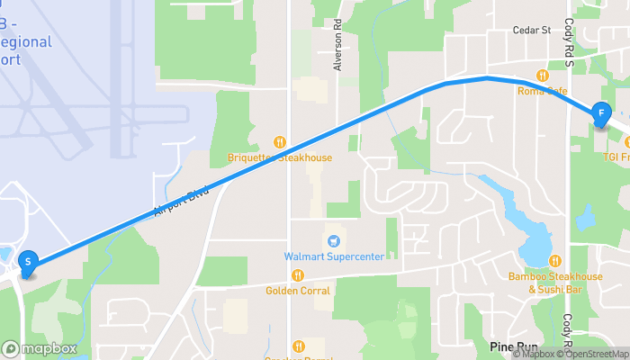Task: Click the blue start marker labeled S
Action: (x=28, y=263)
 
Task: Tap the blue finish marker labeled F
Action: (x=600, y=114)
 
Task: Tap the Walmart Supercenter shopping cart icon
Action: (x=334, y=241)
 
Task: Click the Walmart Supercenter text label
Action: (x=334, y=256)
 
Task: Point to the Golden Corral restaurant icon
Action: (x=298, y=275)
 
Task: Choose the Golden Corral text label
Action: (x=298, y=291)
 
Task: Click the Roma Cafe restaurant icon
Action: (x=543, y=76)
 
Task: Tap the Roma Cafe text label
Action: (x=543, y=91)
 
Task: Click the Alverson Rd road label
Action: (x=338, y=53)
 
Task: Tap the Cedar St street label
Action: (x=531, y=31)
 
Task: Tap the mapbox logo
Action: (x=40, y=348)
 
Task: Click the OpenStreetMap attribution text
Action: (x=595, y=354)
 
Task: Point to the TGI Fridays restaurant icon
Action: (x=608, y=143)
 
